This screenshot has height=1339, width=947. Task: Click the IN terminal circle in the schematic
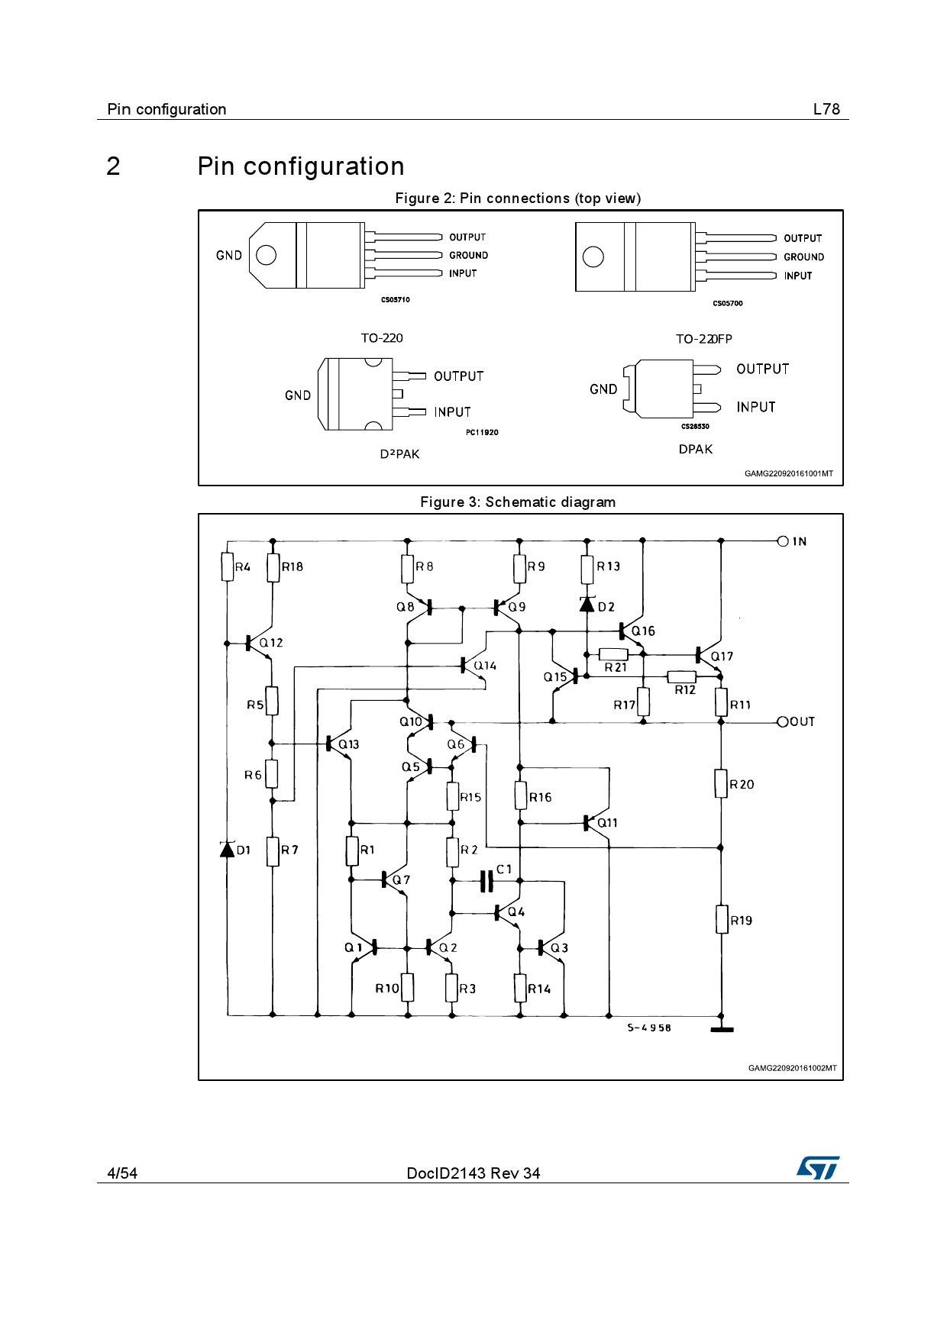click(783, 541)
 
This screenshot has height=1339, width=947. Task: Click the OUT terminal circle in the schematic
click(783, 721)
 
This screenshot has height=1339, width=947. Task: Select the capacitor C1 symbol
click(486, 881)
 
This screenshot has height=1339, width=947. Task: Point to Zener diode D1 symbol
click(227, 849)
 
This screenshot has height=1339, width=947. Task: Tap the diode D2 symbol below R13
click(587, 605)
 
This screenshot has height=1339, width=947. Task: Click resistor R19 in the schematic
click(722, 919)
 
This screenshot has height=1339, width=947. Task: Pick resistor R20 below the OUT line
click(721, 783)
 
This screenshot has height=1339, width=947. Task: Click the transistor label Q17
click(722, 657)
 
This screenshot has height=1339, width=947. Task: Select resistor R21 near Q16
click(613, 654)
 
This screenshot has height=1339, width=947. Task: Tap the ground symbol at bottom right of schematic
click(722, 1029)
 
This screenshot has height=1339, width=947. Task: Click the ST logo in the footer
click(818, 1168)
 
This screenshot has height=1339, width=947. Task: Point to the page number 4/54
click(122, 1173)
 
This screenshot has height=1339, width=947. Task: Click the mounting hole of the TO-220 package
click(266, 255)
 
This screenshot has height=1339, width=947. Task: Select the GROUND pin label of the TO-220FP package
click(803, 257)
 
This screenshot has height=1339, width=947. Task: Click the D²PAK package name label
click(399, 454)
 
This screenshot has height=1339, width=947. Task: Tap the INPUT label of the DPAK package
click(756, 407)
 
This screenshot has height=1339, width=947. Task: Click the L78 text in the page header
click(826, 109)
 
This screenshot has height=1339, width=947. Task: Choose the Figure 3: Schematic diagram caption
click(518, 502)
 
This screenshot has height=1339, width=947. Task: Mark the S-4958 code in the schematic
click(649, 1028)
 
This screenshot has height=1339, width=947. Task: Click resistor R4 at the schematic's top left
click(228, 566)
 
